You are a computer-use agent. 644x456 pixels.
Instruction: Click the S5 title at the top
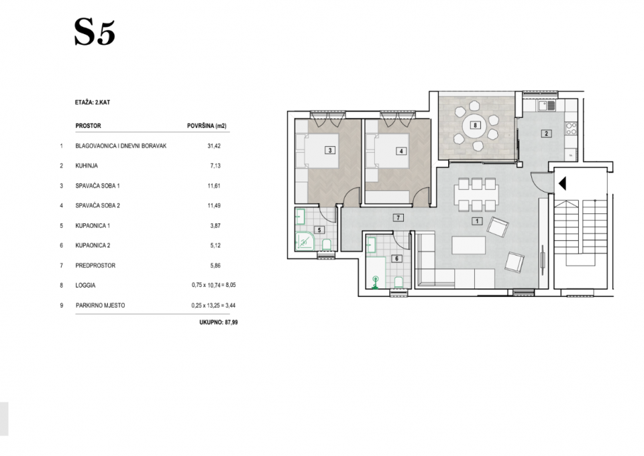click(95, 32)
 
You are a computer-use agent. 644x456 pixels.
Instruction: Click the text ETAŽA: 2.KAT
click(93, 102)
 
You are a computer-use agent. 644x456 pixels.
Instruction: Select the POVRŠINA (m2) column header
click(207, 126)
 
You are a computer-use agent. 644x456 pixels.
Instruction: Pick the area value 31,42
click(214, 146)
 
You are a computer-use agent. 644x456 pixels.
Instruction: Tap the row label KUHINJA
click(87, 166)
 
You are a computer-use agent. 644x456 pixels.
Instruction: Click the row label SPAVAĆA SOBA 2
click(98, 206)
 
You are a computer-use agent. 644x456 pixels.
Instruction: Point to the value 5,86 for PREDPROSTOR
click(215, 266)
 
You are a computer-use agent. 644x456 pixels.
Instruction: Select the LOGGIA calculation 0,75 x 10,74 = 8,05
click(213, 285)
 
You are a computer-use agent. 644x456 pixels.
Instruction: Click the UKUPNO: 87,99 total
click(219, 323)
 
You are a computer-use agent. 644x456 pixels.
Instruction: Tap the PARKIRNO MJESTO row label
click(100, 305)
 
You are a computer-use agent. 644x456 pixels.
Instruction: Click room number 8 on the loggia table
click(475, 125)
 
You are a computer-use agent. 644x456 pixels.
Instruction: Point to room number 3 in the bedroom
click(330, 150)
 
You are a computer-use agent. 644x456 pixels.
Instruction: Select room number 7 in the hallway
click(398, 218)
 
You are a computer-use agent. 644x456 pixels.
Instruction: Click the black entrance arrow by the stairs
click(562, 183)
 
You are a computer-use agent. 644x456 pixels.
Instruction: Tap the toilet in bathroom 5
click(327, 245)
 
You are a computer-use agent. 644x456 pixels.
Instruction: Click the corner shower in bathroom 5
click(305, 242)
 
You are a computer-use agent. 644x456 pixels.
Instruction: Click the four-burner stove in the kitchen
click(572, 129)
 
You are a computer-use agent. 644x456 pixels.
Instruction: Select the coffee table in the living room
click(469, 245)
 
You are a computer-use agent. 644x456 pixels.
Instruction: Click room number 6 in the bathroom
click(396, 259)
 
